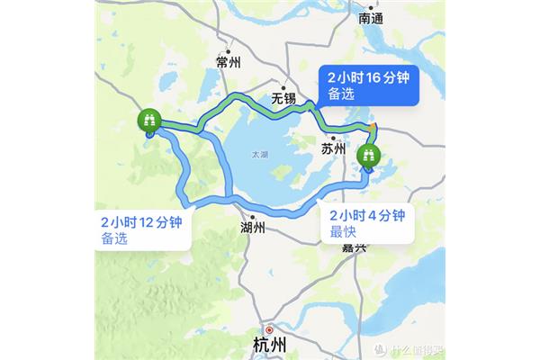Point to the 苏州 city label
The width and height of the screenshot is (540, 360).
pyautogui.click(x=334, y=149)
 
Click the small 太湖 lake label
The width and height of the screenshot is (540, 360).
pyautogui.click(x=259, y=156)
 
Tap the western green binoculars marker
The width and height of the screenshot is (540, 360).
pyautogui.click(x=148, y=121)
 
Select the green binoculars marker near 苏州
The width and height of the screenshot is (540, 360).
pyautogui.click(x=368, y=157)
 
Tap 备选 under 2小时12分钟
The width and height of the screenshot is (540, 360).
pyautogui.click(x=115, y=239)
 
